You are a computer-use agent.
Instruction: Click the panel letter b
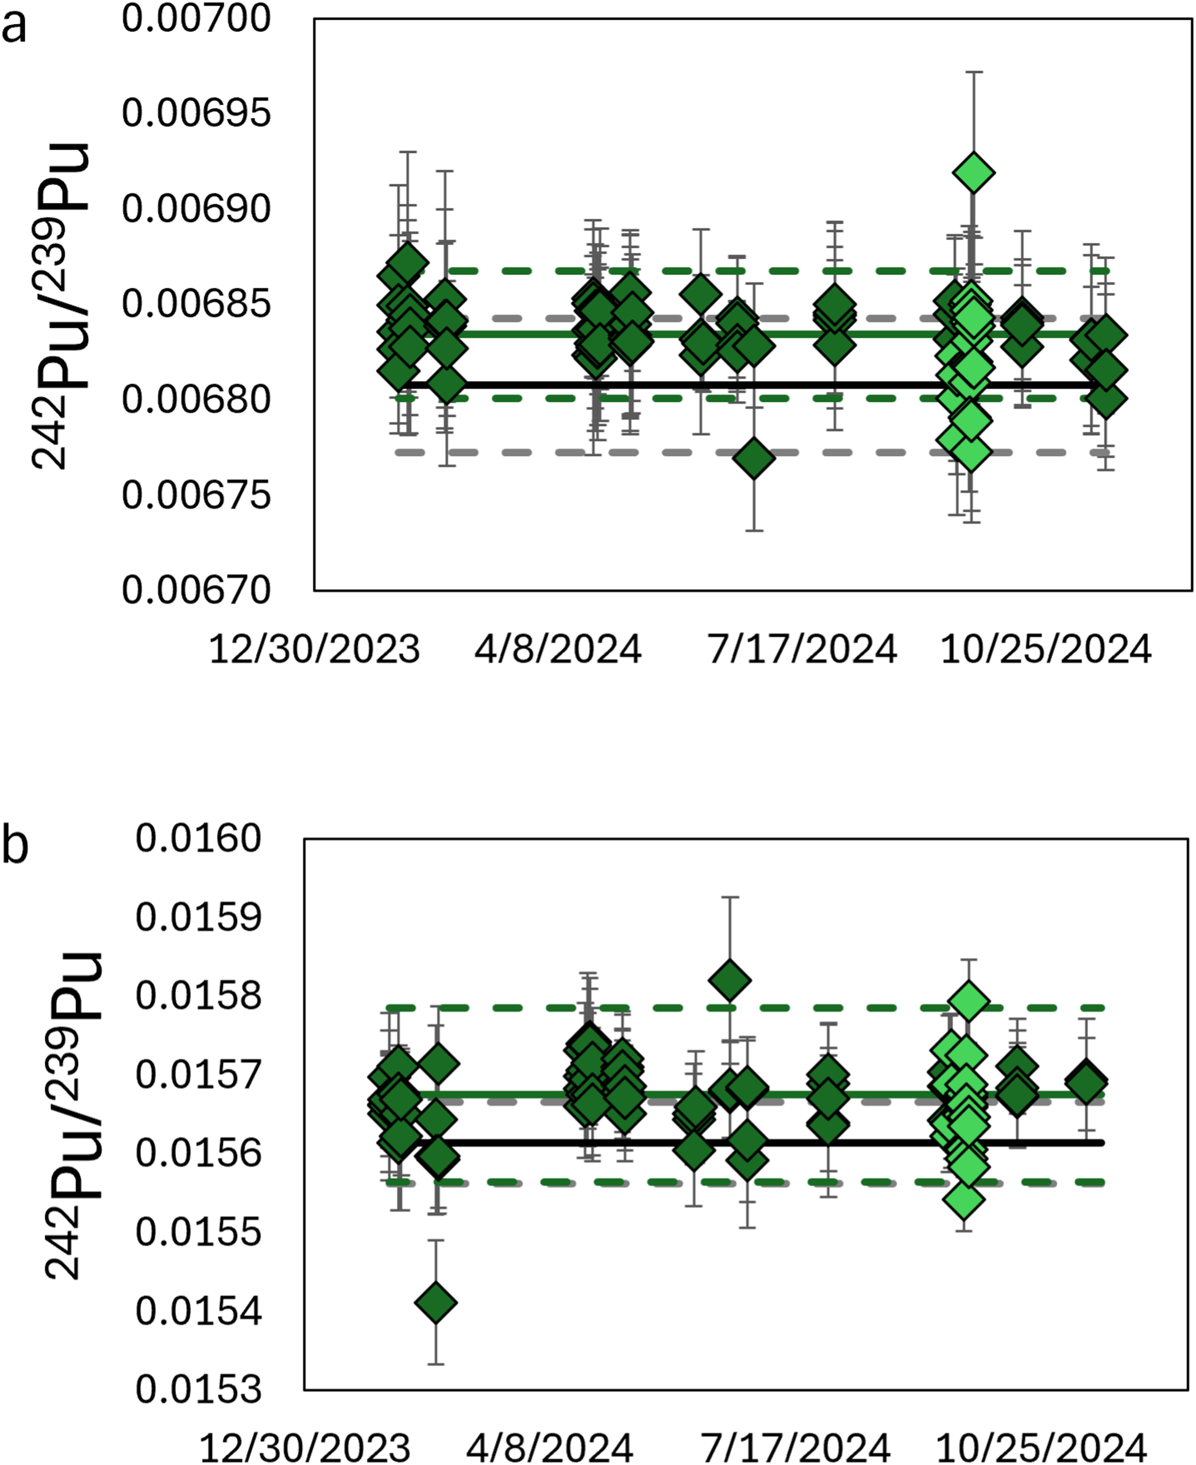[x=15, y=846]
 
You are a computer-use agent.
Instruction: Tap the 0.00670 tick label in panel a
[x=196, y=591]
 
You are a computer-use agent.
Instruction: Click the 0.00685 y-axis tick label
[x=196, y=304]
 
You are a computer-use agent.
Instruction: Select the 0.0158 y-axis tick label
[x=198, y=996]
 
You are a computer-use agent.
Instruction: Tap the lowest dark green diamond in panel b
[x=435, y=1302]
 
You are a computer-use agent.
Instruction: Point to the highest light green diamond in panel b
[x=969, y=1001]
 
